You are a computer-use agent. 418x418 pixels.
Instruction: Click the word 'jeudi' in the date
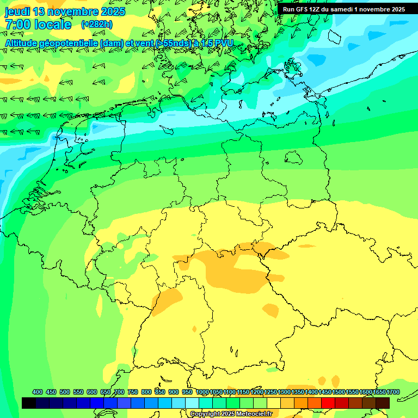(x=18, y=11)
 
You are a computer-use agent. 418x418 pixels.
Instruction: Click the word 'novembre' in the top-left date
(x=66, y=11)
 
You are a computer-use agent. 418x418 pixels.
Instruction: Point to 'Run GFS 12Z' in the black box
(x=301, y=9)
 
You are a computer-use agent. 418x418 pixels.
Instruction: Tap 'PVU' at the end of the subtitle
(x=224, y=43)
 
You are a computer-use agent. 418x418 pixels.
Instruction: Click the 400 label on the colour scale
(x=38, y=392)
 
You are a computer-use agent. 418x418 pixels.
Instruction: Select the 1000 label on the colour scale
(x=202, y=392)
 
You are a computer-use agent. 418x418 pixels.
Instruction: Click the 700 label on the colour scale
(x=119, y=392)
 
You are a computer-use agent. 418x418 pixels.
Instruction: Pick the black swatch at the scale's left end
(x=29, y=403)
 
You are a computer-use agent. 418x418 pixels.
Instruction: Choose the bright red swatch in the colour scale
(x=328, y=403)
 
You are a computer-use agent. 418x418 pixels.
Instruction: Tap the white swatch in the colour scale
(x=192, y=403)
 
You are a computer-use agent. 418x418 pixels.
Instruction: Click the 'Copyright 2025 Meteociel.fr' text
(x=231, y=414)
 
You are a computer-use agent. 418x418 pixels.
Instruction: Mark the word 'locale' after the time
(x=51, y=24)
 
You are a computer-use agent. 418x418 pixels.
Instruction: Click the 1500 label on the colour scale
(x=339, y=392)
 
